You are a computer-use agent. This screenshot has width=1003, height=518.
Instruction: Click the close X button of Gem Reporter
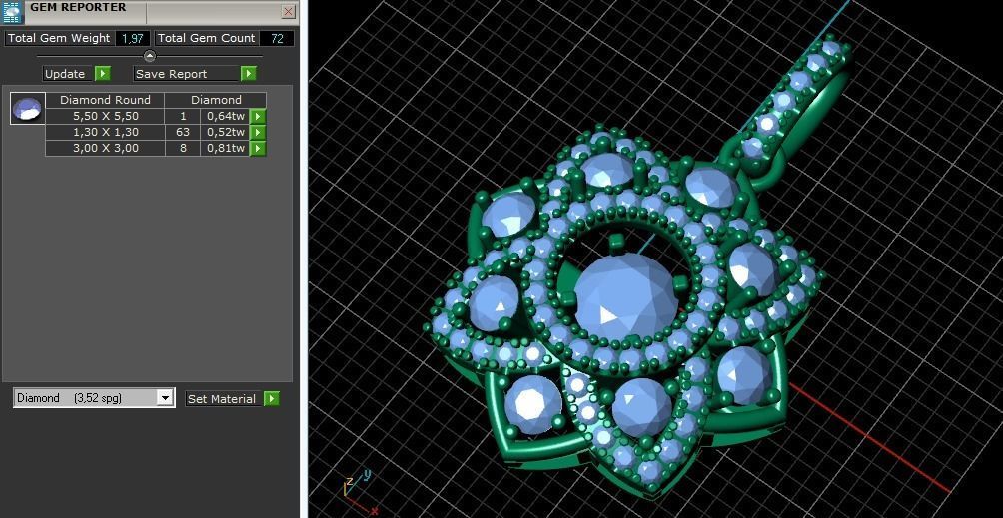coord(288,12)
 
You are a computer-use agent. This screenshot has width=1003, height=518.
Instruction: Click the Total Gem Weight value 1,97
coord(132,38)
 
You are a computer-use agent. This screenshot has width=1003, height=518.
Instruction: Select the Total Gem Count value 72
coord(276,38)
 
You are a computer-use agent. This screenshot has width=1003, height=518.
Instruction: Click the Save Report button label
coord(171,74)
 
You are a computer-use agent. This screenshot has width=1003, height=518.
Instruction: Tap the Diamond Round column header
coord(105,100)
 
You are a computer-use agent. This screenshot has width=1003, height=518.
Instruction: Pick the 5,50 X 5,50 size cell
coord(105,116)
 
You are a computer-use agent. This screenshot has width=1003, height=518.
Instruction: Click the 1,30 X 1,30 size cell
coord(105,132)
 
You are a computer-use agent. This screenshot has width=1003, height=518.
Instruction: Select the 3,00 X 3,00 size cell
coord(105,148)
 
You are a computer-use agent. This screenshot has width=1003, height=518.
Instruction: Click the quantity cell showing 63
coord(183,132)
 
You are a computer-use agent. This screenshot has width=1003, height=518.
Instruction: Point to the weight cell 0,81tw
coord(225,148)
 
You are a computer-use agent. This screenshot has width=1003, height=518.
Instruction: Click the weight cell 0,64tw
coord(225,116)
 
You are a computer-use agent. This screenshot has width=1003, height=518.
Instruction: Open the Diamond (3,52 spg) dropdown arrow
coord(165,398)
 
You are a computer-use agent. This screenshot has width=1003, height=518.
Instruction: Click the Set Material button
coord(222,399)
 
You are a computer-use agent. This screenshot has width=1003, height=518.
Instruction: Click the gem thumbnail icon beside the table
coord(27,108)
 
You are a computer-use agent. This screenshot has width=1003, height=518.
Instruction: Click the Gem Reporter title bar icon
coord(12,12)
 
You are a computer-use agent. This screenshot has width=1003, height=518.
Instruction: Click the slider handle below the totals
coord(150,56)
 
